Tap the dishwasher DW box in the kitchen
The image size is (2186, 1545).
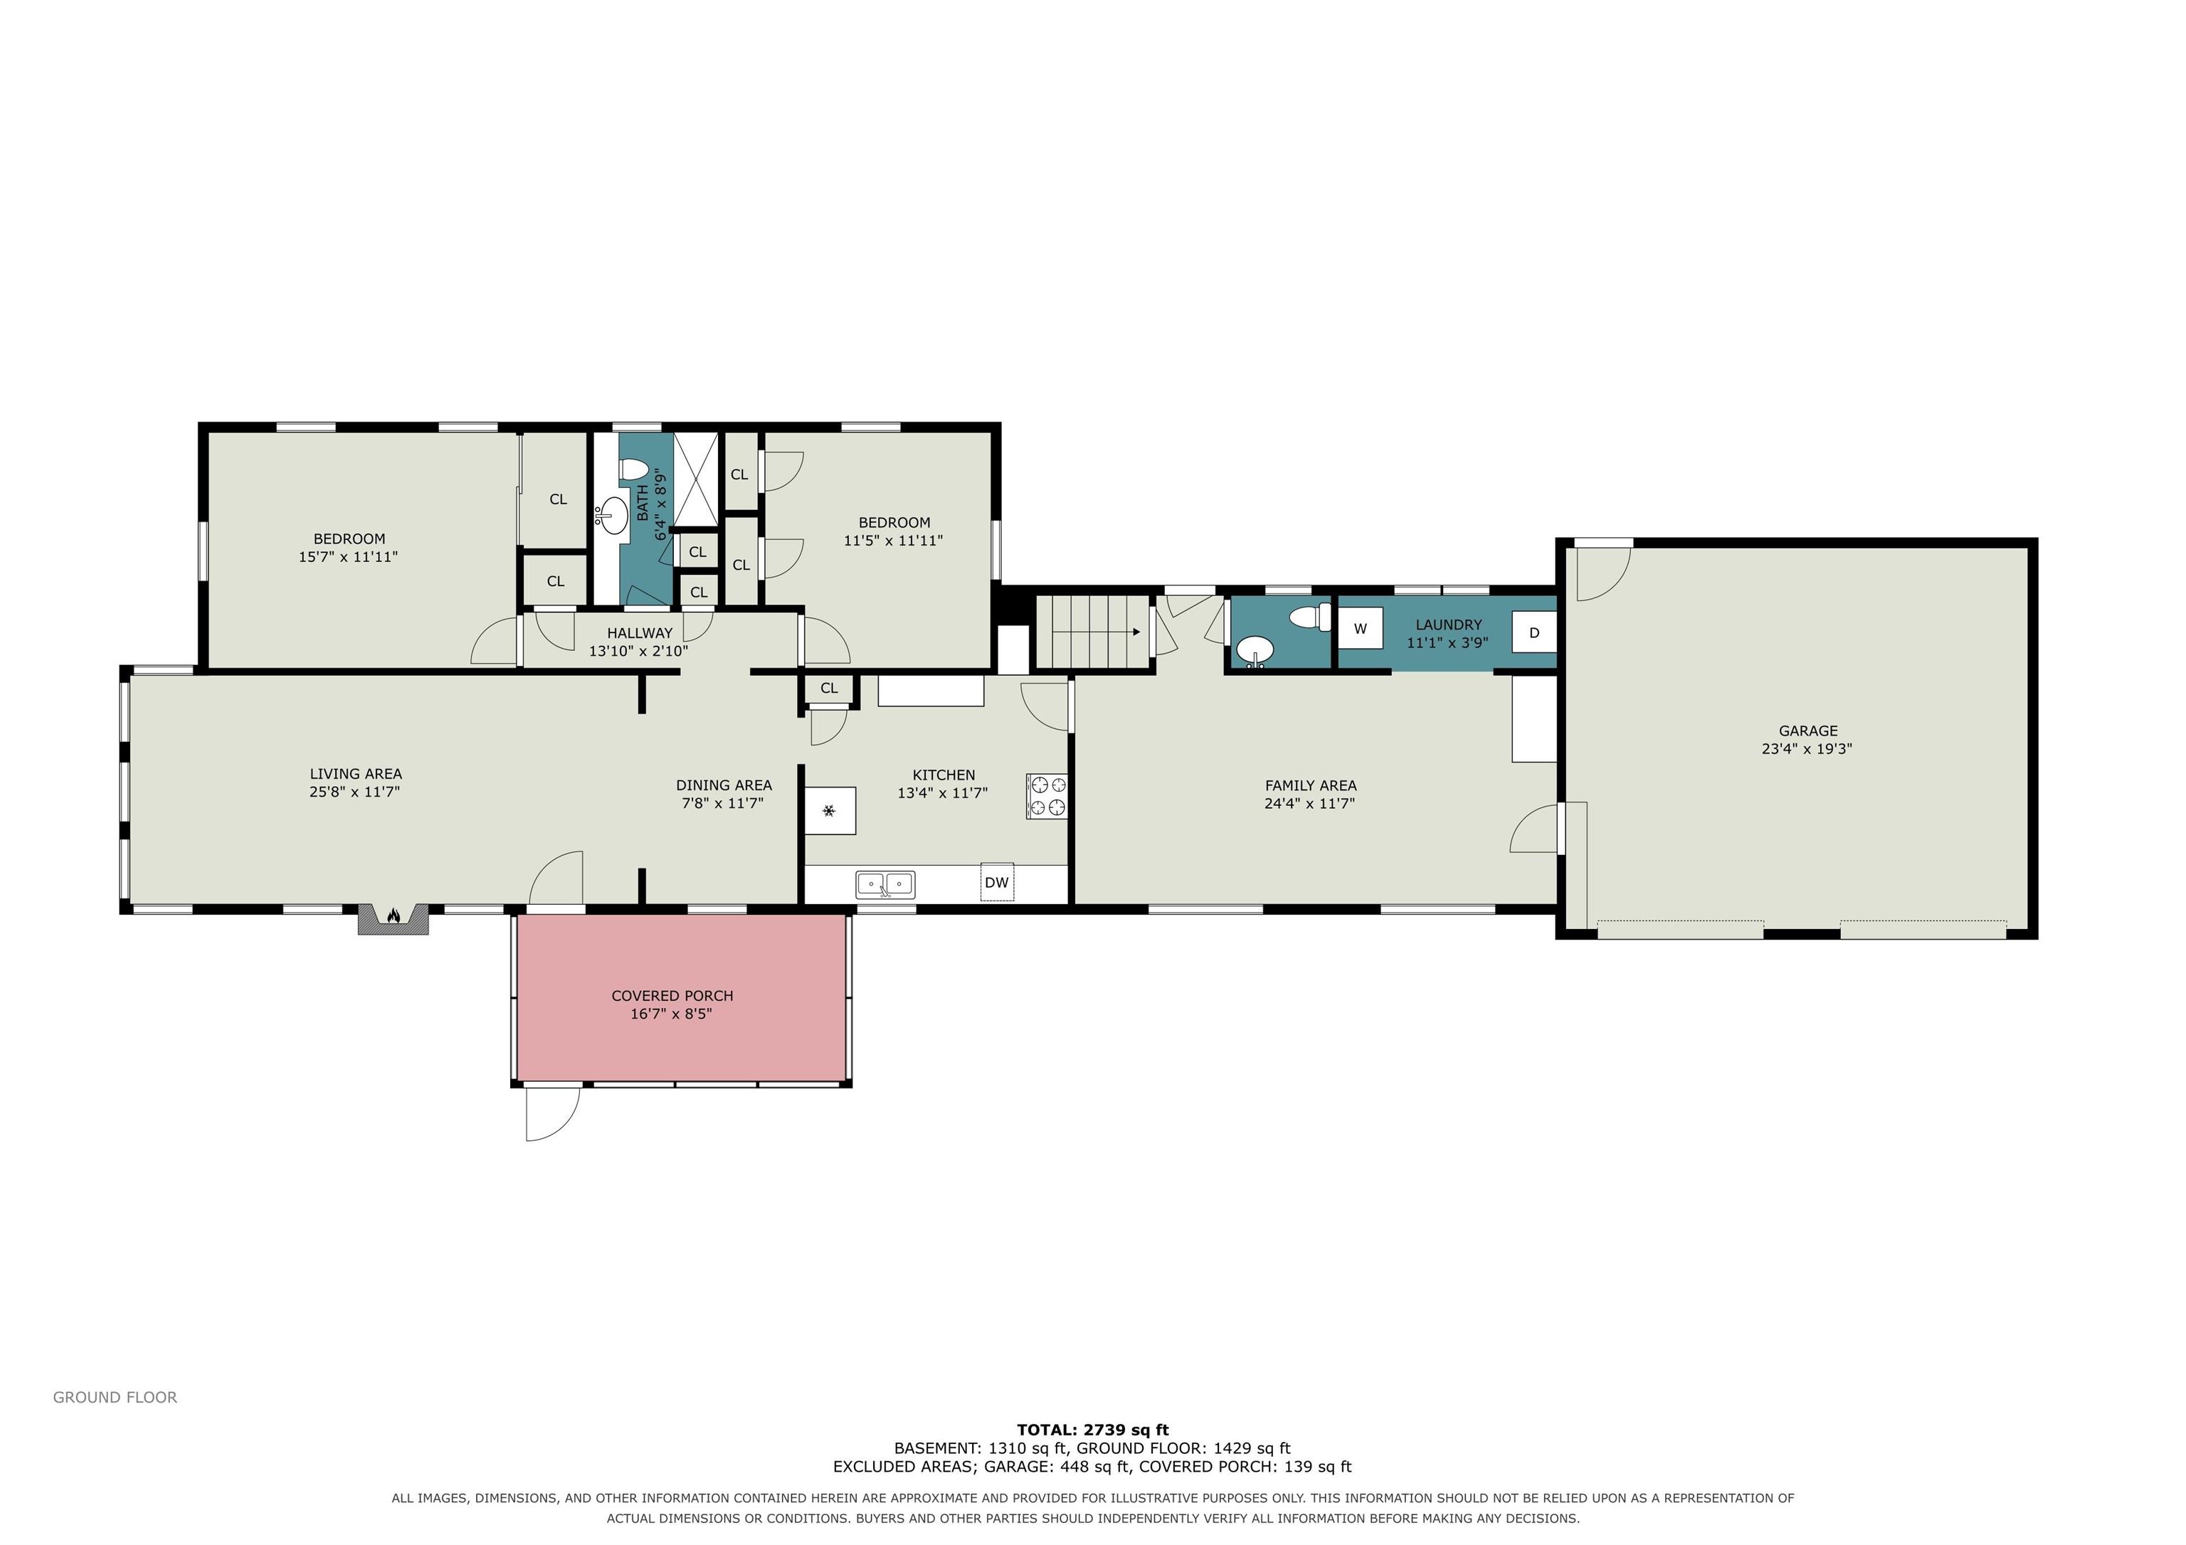click(x=997, y=883)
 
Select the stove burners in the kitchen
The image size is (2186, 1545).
click(x=1046, y=796)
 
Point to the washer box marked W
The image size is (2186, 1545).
click(x=1361, y=630)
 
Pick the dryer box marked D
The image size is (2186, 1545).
click(x=1533, y=633)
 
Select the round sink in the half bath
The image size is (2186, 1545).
click(x=1255, y=652)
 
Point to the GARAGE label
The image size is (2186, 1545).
click(x=1807, y=731)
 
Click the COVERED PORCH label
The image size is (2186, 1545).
click(x=672, y=996)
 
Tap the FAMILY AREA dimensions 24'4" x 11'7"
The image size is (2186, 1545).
click(x=1310, y=803)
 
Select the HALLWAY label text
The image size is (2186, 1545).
click(x=640, y=633)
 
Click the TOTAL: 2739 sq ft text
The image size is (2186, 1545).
click(x=1093, y=1429)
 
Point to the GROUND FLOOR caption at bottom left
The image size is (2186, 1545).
click(x=115, y=1398)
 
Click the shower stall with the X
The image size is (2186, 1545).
click(x=696, y=479)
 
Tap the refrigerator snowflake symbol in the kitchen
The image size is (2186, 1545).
click(x=829, y=811)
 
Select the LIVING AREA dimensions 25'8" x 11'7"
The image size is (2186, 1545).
click(x=355, y=792)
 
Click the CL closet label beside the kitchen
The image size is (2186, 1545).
click(x=829, y=689)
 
